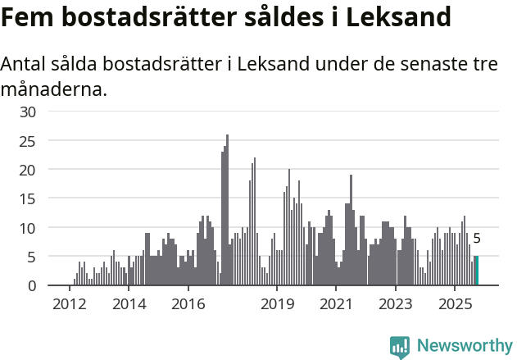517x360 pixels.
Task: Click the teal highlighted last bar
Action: [477, 271]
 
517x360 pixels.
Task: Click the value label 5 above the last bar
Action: [477, 239]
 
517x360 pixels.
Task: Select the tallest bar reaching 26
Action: [227, 210]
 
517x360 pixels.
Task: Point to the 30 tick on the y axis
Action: [29, 112]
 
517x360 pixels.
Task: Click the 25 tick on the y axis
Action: [29, 141]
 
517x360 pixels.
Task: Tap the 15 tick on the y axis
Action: [29, 198]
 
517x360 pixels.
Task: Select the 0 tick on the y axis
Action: [32, 285]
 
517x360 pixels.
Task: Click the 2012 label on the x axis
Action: [69, 303]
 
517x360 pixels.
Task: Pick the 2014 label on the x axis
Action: [129, 303]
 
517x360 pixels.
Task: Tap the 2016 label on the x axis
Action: [188, 303]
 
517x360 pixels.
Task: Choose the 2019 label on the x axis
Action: [277, 303]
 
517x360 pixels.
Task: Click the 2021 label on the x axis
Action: [336, 303]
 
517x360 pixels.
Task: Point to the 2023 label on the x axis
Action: [396, 303]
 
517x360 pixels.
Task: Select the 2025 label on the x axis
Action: [455, 303]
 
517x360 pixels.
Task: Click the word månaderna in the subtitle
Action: [53, 89]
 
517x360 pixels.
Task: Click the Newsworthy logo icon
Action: [400, 347]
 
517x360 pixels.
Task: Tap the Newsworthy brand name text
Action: [465, 346]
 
